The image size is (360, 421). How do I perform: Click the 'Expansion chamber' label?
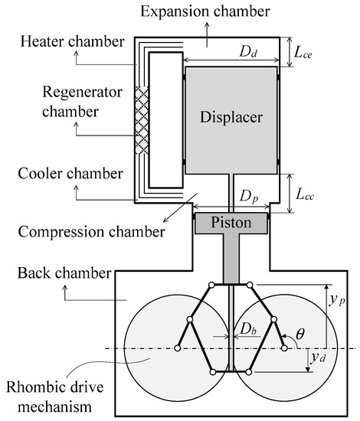205,11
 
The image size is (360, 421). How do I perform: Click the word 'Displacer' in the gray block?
231,118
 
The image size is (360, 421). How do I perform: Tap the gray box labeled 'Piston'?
231,224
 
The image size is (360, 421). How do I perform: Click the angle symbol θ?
298,334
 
